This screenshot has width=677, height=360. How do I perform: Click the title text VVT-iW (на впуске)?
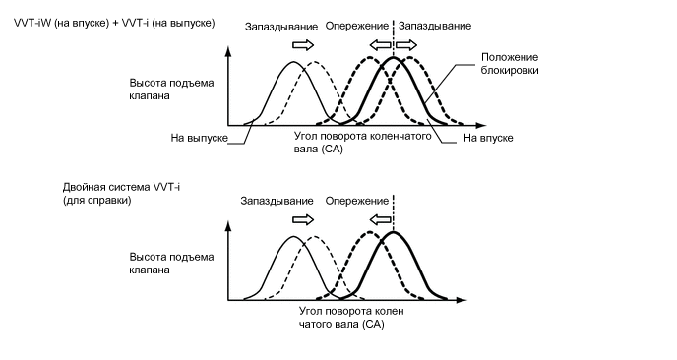coord(58,22)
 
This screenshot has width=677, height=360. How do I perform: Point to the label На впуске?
coord(489,139)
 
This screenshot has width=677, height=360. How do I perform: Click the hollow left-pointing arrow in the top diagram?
coord(378,45)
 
